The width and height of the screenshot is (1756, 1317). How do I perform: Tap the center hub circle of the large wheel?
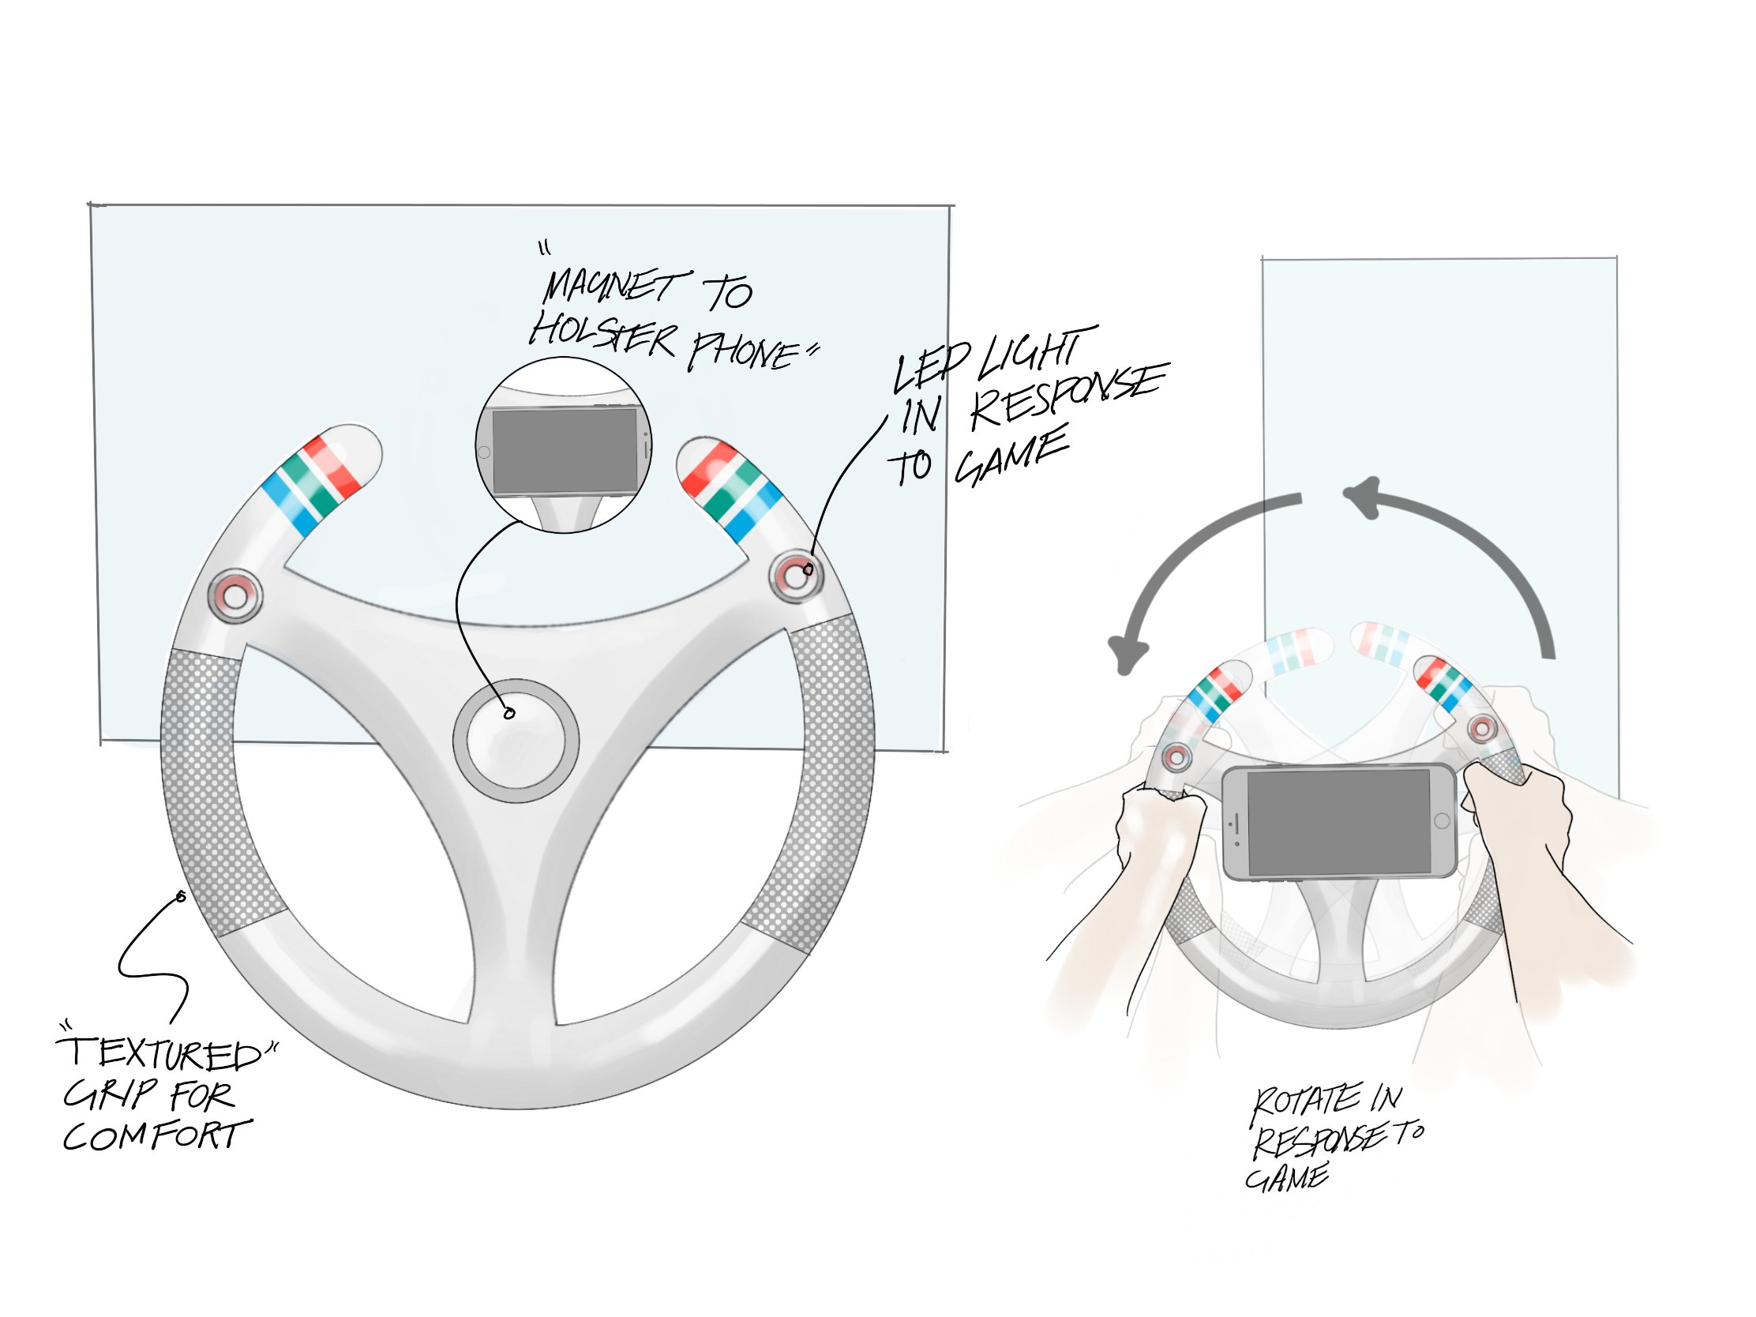click(x=516, y=740)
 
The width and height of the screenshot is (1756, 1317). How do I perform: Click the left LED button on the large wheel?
click(x=235, y=595)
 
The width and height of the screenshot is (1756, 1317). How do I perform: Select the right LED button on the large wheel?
click(x=795, y=576)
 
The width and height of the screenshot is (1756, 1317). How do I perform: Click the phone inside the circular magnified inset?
click(x=565, y=451)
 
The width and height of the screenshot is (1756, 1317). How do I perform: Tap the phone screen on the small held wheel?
click(x=1338, y=823)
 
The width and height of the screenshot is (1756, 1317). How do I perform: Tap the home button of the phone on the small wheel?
click(x=1443, y=821)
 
